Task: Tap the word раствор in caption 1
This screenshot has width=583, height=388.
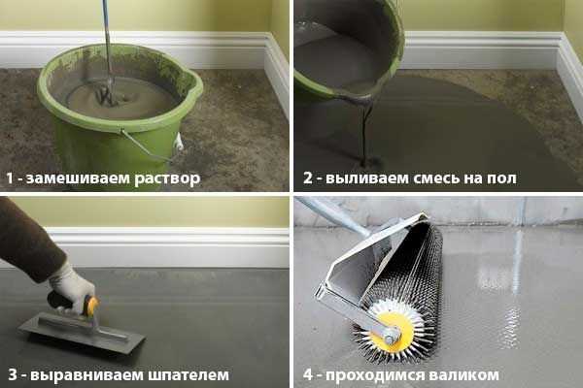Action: (167, 179)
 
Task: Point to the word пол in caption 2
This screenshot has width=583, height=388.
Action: (501, 178)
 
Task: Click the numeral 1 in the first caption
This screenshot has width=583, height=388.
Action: (10, 178)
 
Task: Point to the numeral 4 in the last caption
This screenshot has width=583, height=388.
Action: (308, 374)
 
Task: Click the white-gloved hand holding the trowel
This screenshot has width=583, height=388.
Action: (72, 286)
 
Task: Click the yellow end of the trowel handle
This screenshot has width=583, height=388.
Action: (91, 306)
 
